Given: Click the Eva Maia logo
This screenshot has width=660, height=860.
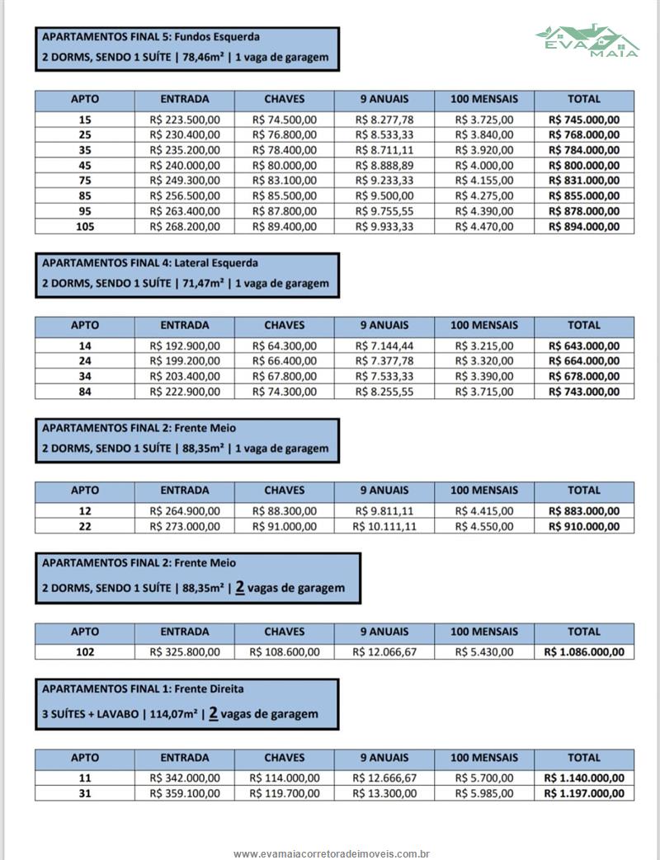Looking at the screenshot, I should (x=587, y=40).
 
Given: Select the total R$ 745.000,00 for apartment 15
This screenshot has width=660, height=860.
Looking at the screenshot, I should (x=584, y=120).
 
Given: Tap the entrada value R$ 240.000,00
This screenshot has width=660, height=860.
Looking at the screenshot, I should (x=185, y=165).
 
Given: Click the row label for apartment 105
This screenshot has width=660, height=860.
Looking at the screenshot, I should (x=85, y=226).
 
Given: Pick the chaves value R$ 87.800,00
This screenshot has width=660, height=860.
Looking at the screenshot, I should (x=285, y=210).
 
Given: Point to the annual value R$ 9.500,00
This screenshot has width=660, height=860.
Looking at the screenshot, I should (x=384, y=195).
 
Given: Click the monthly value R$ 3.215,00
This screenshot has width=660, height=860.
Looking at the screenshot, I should (x=484, y=346).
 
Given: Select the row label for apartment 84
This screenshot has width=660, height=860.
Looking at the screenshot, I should (x=85, y=392).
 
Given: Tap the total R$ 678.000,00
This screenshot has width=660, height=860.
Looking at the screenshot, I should (x=584, y=377).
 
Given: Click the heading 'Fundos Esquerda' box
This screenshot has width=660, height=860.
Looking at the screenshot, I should (x=186, y=48).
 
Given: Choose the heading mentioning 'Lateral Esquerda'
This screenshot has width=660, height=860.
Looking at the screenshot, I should (x=186, y=274).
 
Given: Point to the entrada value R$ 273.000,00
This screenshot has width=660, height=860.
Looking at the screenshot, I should (x=185, y=526).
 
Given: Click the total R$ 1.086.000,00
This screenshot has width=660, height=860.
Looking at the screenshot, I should (x=584, y=652).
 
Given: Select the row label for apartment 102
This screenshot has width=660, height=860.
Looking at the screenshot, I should (x=85, y=652).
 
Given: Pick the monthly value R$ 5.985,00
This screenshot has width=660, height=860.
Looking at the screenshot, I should (x=484, y=793).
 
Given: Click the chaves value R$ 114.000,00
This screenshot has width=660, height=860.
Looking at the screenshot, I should (x=285, y=778).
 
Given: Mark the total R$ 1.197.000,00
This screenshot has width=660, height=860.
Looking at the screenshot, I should (x=584, y=793).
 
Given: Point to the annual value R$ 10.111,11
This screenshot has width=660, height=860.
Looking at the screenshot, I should (x=384, y=526).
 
